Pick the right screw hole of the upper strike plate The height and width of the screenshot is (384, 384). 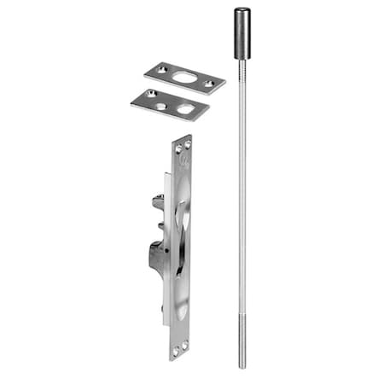(209, 83)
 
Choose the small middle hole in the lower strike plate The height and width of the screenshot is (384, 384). (162, 107)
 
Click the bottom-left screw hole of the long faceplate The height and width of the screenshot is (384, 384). (172, 349)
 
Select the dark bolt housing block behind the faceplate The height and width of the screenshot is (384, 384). (159, 256)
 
